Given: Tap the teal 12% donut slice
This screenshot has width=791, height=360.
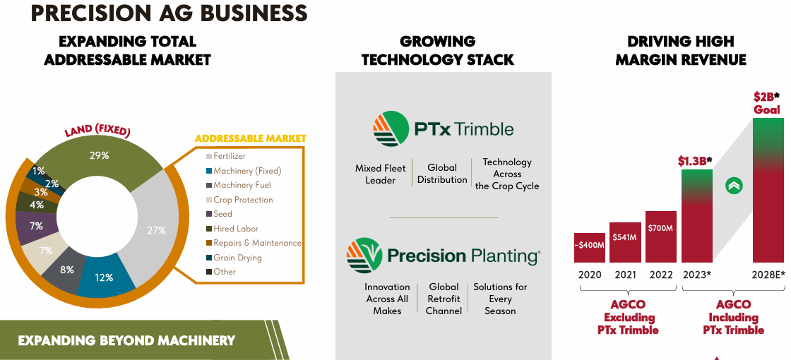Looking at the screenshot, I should point(105,277).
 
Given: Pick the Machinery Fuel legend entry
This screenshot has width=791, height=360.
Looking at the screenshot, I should point(242,185).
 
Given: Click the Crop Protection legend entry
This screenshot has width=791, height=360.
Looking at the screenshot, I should point(243,200).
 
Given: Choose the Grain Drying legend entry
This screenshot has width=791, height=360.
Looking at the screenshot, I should point(237,258).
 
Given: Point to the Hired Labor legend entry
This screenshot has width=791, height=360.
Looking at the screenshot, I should point(236,229).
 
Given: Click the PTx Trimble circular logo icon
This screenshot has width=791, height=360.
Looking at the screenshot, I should point(391,129).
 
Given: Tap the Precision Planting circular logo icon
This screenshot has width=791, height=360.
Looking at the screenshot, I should point(364,256).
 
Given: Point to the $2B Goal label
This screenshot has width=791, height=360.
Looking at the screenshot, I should point(766,103).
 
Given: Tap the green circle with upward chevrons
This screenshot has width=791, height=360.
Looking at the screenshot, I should point(734,186).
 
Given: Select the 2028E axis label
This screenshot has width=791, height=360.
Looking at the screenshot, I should point(768,275).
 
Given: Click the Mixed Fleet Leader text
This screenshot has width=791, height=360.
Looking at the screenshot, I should point(381,174).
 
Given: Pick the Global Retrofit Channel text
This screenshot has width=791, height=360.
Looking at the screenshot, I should point(444,299).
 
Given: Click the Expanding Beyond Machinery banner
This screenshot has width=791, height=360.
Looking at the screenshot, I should point(127,340).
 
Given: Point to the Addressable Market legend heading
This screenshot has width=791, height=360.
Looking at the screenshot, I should point(250,138).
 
